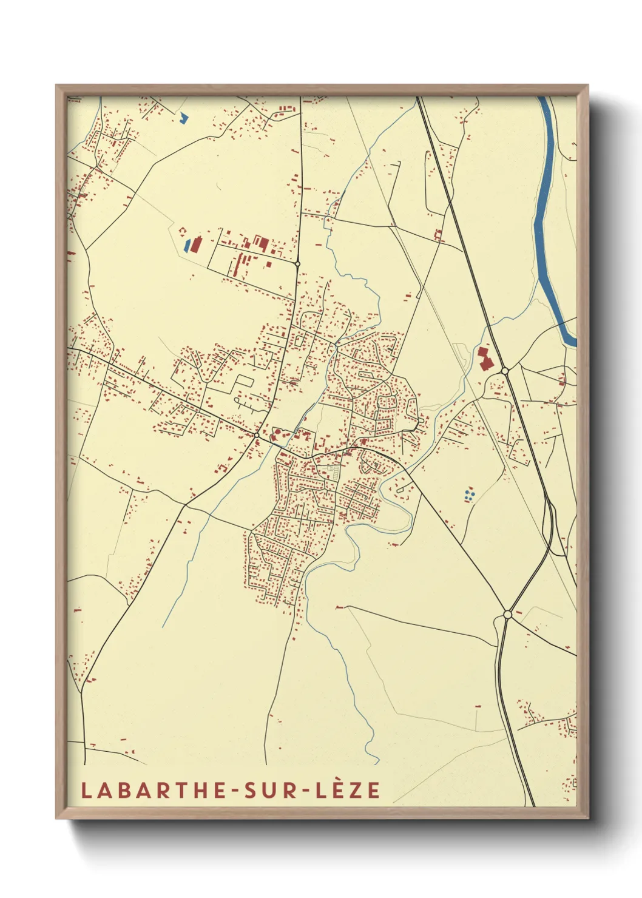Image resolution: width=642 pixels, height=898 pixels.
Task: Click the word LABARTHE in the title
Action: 146,791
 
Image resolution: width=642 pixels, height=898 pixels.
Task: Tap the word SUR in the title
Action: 263,791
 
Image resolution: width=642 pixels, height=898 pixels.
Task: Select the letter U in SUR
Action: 263,791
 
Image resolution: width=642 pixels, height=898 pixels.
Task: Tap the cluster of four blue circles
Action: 468,495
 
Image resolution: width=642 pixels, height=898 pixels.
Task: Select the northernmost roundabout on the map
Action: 297,264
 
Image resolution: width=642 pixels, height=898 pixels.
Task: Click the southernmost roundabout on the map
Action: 507,615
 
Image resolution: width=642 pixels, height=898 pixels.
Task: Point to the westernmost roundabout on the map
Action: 257,436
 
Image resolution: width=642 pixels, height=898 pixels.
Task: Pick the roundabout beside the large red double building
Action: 504,371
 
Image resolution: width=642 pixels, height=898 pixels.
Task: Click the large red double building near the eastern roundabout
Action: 484,359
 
